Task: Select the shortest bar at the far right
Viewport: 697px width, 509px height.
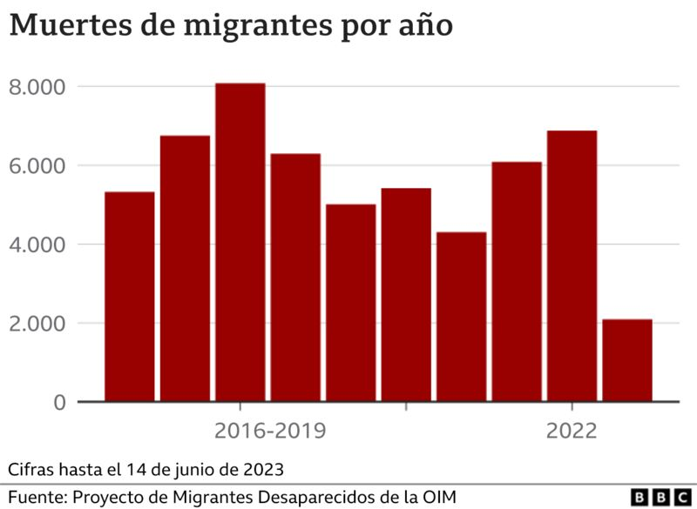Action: (627, 360)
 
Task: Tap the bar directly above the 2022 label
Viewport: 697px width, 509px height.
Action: (572, 266)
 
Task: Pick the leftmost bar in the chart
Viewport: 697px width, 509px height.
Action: (129, 297)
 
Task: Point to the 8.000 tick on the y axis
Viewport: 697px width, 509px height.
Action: (37, 87)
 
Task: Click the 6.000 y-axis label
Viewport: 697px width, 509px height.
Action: (37, 165)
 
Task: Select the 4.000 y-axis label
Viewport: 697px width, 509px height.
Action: (37, 244)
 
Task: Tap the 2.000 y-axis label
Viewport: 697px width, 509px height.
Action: (37, 324)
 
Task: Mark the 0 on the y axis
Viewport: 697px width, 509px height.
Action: (58, 403)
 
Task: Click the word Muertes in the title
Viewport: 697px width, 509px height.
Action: (68, 25)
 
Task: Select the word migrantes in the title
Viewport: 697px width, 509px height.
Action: (247, 26)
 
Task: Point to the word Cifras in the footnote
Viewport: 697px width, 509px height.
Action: (32, 469)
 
